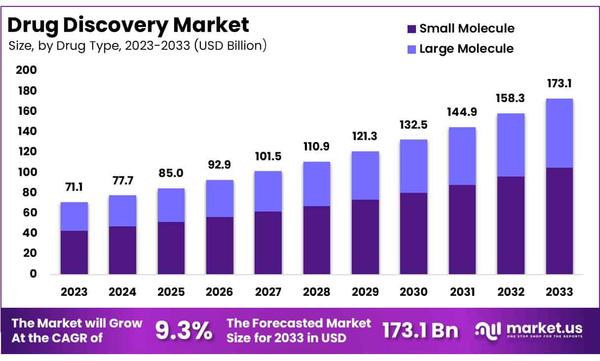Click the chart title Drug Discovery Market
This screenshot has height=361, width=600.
pyautogui.click(x=128, y=25)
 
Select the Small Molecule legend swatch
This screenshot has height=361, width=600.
pyautogui.click(x=412, y=29)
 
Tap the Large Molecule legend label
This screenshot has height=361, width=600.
pyautogui.click(x=466, y=49)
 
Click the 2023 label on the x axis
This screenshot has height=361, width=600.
pyautogui.click(x=74, y=291)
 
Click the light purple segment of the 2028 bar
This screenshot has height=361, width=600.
pyautogui.click(x=316, y=183)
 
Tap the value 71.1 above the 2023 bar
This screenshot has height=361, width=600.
pyautogui.click(x=74, y=187)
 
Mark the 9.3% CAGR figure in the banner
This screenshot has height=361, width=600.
pyautogui.click(x=184, y=330)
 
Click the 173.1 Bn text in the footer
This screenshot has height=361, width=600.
pyautogui.click(x=420, y=330)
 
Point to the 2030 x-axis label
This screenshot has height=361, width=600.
pyautogui.click(x=413, y=291)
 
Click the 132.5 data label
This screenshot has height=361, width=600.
pyautogui.click(x=413, y=124)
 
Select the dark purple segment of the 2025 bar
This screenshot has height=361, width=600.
pyautogui.click(x=171, y=248)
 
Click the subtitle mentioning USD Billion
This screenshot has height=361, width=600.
pyautogui.click(x=138, y=46)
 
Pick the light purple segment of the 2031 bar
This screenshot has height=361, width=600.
pyautogui.click(x=462, y=156)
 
